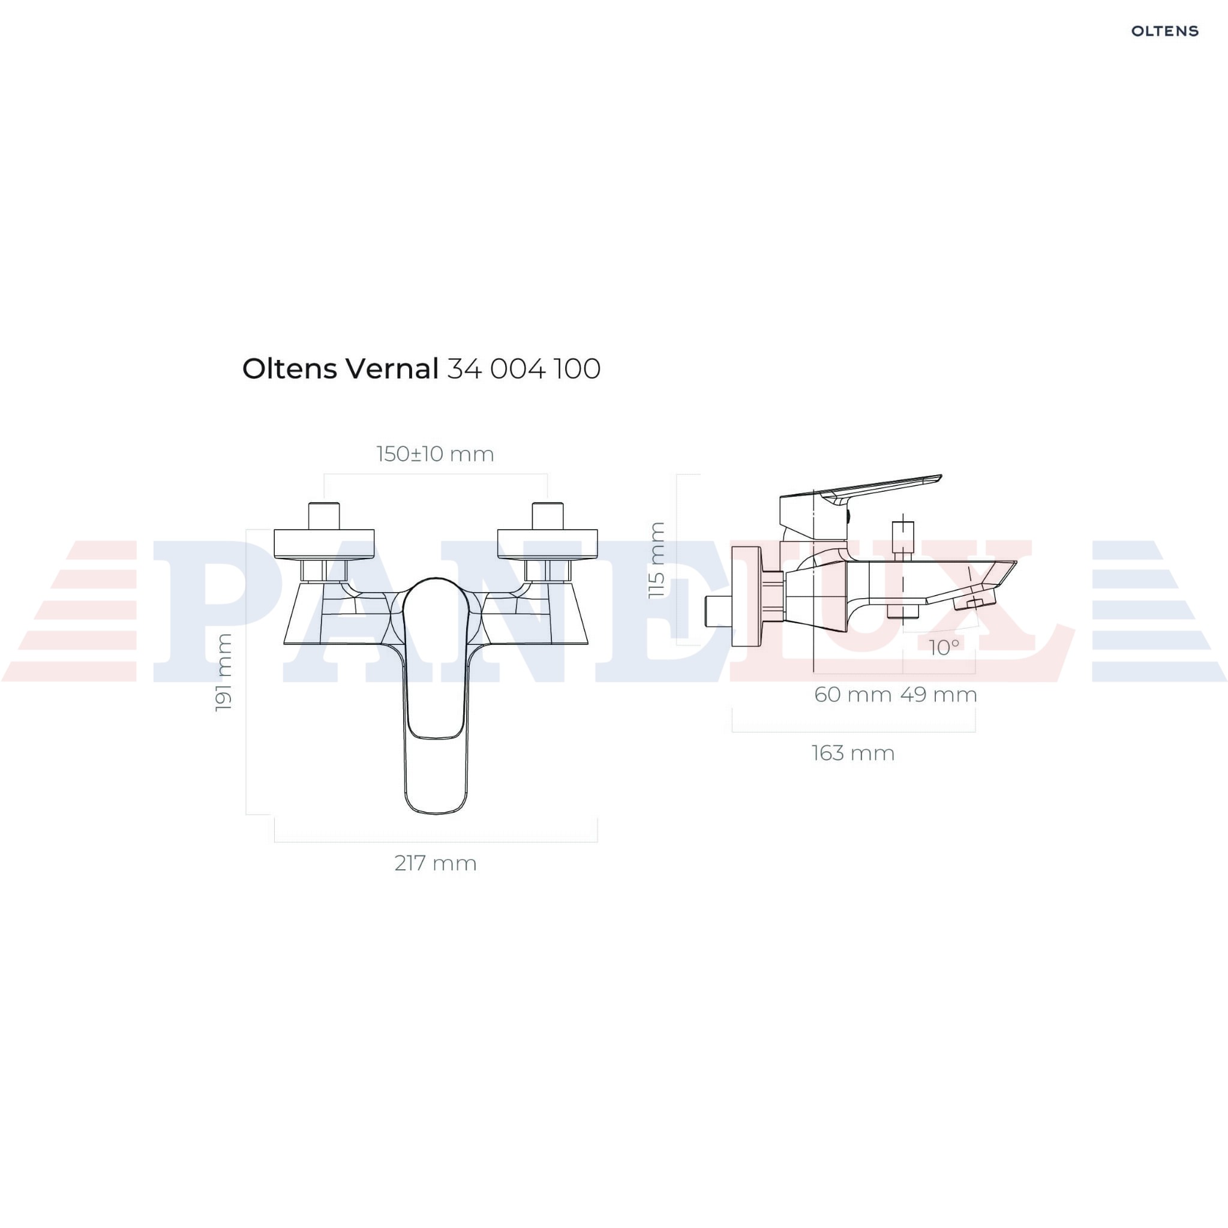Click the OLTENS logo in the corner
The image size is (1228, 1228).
[x=1164, y=31]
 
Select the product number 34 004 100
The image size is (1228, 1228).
[x=524, y=370]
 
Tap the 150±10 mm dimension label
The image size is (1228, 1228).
[x=435, y=454]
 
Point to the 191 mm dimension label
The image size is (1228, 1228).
[x=223, y=672]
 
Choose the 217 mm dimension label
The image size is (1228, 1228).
[x=436, y=863]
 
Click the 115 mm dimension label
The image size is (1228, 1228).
[x=656, y=560]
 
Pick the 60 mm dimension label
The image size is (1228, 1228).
[x=853, y=695]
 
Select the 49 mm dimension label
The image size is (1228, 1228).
[x=939, y=695]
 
